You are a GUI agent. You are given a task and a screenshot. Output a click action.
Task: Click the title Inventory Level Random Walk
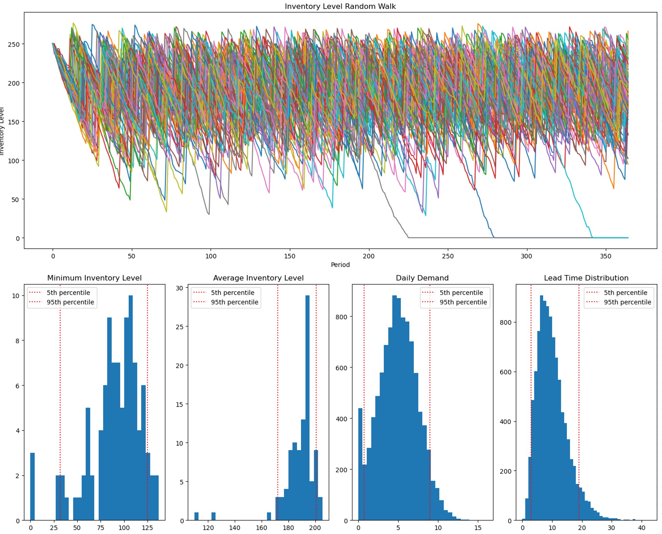[340, 6]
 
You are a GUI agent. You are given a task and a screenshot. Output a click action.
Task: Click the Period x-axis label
[340, 265]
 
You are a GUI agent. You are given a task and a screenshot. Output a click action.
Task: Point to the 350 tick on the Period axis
[605, 256]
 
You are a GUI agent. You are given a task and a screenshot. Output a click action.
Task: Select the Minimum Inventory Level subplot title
[94, 278]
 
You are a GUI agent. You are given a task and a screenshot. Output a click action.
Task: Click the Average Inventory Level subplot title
[258, 278]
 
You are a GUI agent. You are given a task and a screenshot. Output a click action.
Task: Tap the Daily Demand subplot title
[422, 278]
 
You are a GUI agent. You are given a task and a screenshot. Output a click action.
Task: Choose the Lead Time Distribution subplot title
[586, 278]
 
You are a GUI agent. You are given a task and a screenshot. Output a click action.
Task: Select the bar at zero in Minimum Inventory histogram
[32, 487]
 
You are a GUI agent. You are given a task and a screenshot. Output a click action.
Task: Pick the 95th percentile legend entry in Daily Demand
[463, 302]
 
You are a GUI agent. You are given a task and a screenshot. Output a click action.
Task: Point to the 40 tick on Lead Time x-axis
[641, 528]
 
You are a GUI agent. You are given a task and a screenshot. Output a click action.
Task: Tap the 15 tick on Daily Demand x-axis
[478, 528]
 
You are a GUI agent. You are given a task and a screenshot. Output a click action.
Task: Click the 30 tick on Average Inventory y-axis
[179, 288]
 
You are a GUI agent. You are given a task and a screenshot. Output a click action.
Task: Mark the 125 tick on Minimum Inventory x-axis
[147, 528]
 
